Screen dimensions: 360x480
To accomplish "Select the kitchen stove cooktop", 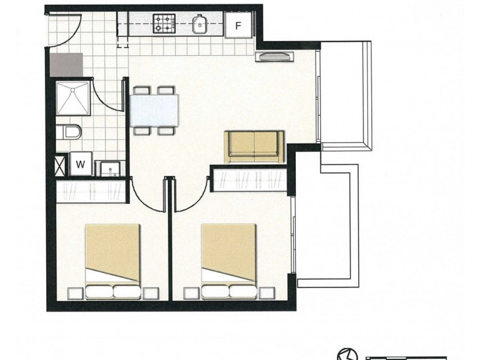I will (163, 25).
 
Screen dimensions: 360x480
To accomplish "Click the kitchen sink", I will (200, 25).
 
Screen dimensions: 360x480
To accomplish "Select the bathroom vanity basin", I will (109, 169).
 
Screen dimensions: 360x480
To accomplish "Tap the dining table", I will (154, 109).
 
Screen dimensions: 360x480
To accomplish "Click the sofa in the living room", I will (254, 146).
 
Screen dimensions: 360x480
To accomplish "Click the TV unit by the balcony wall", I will (275, 57).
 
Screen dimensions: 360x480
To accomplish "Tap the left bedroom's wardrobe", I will (91, 191).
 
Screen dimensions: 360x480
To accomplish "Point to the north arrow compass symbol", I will (347, 354).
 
